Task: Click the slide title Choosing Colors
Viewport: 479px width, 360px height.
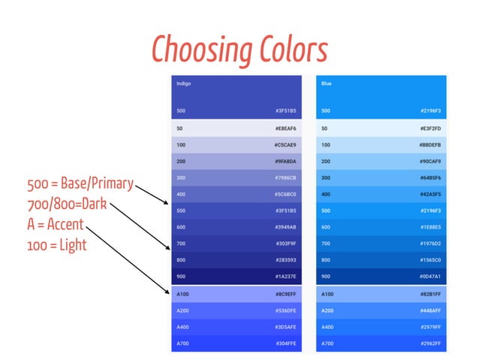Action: coord(239,50)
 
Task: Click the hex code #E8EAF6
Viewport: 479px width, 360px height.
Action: coord(286,128)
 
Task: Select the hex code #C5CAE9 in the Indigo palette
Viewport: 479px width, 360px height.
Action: coord(286,144)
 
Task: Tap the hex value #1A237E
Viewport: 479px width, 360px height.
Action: coord(286,276)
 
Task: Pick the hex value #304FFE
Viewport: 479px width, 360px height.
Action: coord(286,343)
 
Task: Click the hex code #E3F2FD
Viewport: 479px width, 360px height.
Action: coord(430,128)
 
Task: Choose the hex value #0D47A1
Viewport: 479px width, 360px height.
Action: coord(430,276)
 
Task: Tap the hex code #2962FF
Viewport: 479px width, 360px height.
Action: coord(430,343)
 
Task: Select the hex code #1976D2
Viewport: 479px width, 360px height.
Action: coord(430,244)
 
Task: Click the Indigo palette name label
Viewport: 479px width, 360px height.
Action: coord(184,83)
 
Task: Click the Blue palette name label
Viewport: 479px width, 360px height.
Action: coord(327,83)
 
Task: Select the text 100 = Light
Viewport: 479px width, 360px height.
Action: coord(56,244)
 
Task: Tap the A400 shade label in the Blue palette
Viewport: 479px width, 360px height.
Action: coord(327,327)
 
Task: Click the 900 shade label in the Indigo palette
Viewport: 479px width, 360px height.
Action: coord(181,276)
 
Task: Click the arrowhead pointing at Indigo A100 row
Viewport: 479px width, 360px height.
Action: coord(167,292)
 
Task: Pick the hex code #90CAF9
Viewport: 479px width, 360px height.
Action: coord(430,161)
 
